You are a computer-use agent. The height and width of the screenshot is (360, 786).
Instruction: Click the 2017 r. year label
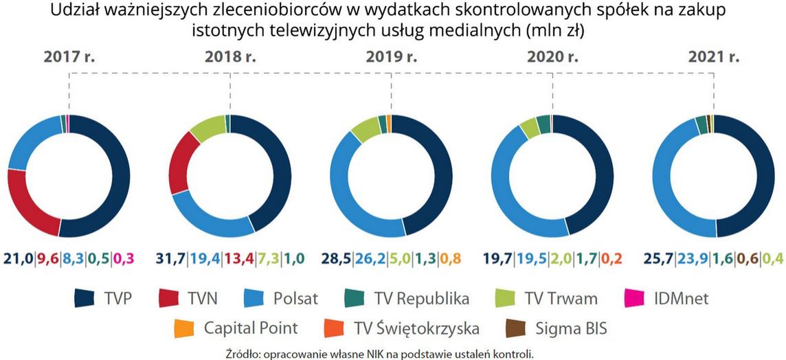pos(69,58)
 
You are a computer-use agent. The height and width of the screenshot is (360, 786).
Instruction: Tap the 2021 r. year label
pos(714,58)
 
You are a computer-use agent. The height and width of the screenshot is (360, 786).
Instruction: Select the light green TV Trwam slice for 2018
pos(207,127)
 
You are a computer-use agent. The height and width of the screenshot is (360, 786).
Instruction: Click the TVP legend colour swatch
pos(85,298)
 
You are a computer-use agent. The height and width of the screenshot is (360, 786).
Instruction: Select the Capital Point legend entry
pos(250,328)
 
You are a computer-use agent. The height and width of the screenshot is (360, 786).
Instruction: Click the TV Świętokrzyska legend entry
pos(413,328)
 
